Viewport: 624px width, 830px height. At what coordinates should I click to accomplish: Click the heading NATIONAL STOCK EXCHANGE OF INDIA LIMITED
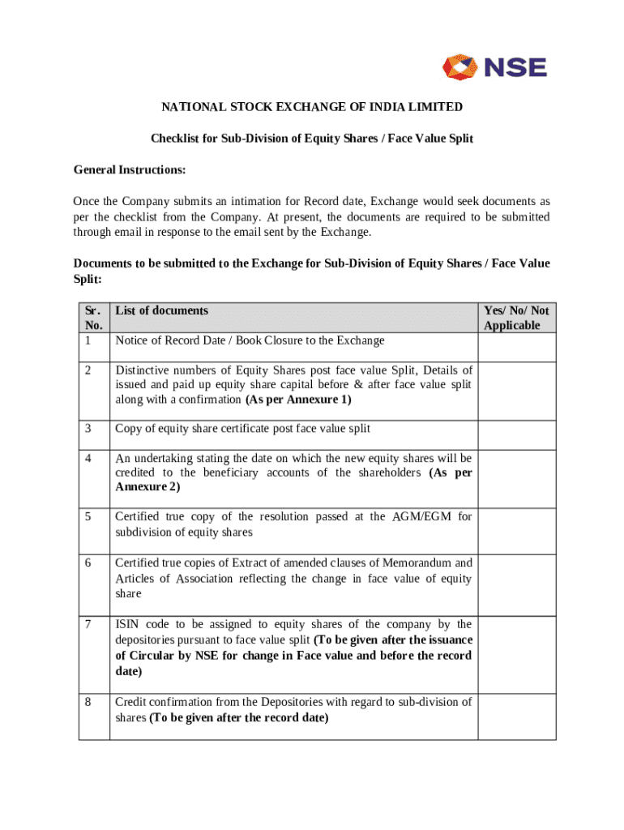point(312,107)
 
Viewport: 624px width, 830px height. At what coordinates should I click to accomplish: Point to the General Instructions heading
point(130,170)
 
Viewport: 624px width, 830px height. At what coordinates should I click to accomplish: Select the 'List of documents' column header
point(161,310)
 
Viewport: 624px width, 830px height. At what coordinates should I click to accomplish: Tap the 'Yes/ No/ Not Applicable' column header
point(516,318)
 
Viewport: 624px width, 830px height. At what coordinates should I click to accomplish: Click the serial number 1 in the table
point(87,340)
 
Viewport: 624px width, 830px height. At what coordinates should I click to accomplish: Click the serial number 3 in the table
point(87,429)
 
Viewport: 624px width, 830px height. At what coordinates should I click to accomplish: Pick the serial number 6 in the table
point(87,563)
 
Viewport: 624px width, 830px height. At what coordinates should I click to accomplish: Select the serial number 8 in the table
point(87,702)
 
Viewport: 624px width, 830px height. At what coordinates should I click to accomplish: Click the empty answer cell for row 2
point(516,391)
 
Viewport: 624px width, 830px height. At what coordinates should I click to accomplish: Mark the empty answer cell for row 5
point(516,531)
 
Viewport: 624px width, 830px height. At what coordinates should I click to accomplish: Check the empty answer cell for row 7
point(516,654)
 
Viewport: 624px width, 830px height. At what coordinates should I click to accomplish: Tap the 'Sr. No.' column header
point(93,318)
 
